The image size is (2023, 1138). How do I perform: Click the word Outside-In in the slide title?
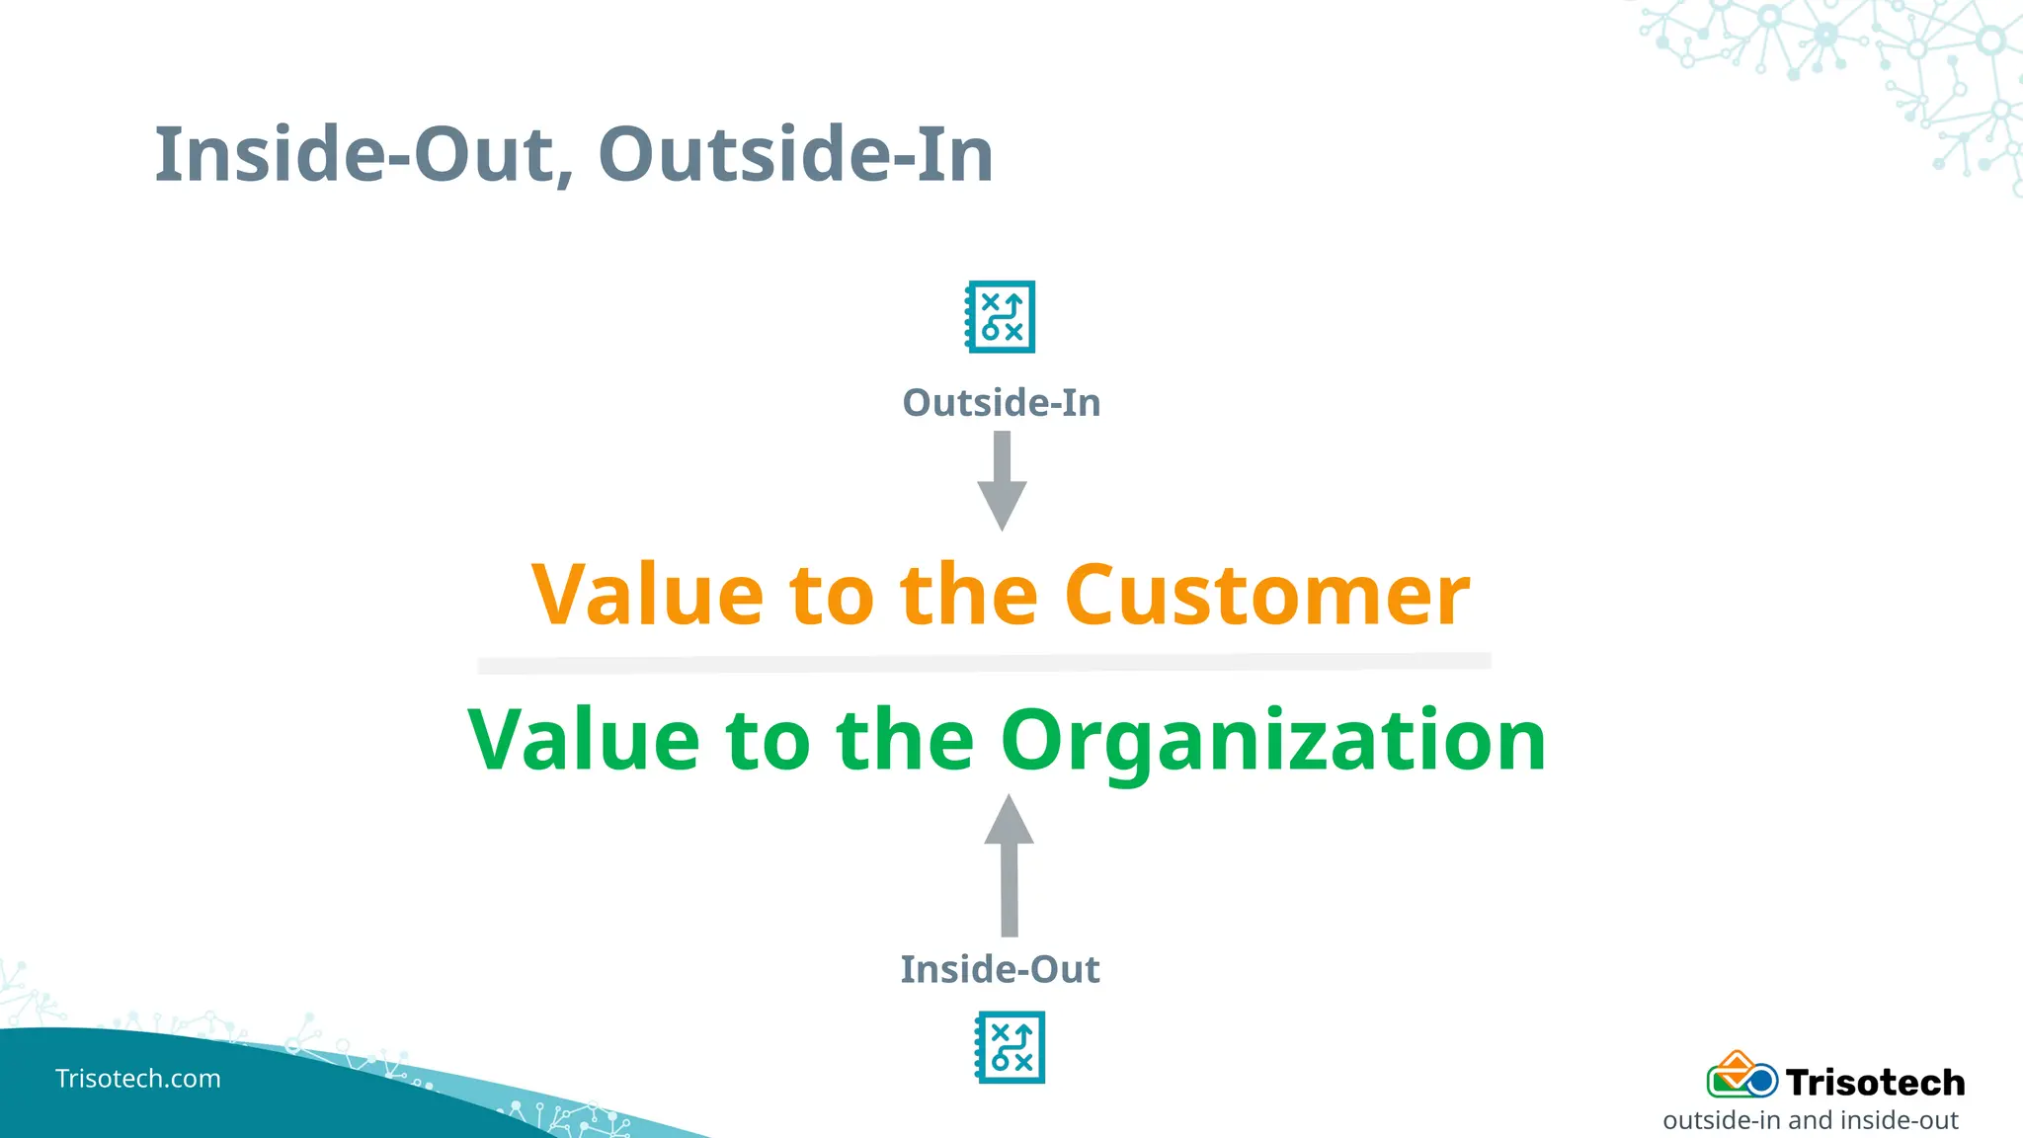[x=795, y=155]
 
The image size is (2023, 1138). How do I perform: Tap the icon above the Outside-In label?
[x=1000, y=317]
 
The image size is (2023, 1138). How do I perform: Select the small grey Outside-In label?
[x=1001, y=403]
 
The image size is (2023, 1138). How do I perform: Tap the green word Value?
[x=584, y=741]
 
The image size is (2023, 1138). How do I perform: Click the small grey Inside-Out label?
[x=1000, y=970]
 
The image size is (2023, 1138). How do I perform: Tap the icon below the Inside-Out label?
[x=1010, y=1047]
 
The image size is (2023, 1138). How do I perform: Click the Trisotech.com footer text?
[x=138, y=1079]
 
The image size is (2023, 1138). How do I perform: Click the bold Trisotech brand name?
[x=1875, y=1083]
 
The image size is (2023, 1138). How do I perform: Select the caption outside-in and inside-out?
[x=1810, y=1121]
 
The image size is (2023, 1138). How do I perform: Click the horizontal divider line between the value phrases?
[x=984, y=663]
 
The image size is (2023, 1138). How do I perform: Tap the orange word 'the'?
[x=968, y=595]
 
